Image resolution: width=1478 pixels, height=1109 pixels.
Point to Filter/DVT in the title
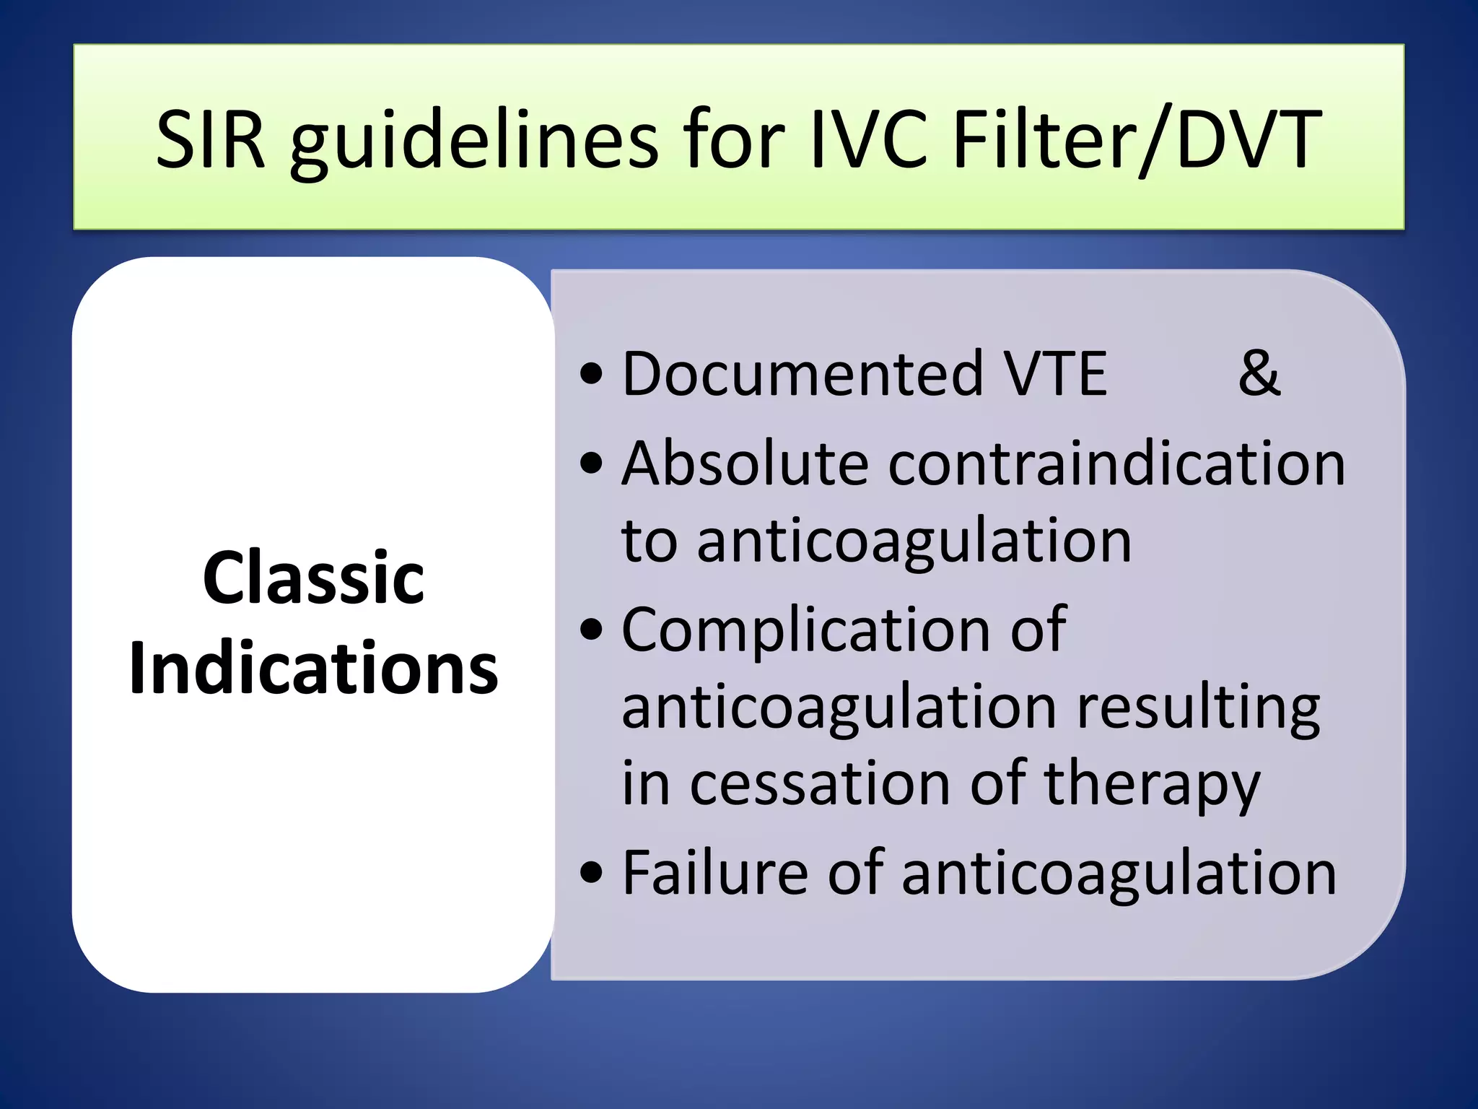point(1137,140)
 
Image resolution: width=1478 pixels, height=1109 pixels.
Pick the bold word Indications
point(313,669)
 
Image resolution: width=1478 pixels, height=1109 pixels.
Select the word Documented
point(802,373)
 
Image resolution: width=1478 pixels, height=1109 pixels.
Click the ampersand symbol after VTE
point(1259,373)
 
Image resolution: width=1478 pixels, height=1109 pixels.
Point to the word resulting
point(1198,708)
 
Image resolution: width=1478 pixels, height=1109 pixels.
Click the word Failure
point(715,873)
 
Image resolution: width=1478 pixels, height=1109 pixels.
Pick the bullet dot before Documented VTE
point(591,375)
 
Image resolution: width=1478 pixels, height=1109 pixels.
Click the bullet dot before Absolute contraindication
point(591,464)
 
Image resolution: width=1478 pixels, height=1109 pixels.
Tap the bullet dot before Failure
point(591,874)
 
